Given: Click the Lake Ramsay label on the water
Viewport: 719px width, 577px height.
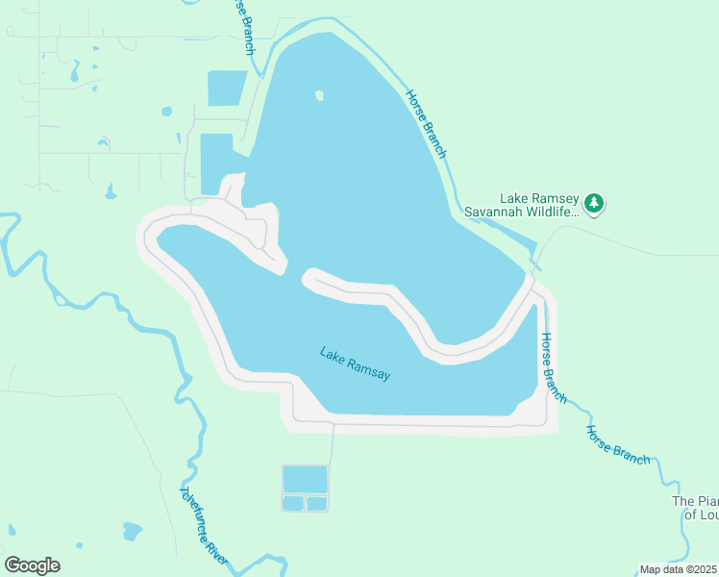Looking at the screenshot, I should [x=355, y=363].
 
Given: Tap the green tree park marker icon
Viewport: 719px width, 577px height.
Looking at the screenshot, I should [x=595, y=203].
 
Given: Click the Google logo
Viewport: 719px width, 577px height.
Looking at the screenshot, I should [x=32, y=565].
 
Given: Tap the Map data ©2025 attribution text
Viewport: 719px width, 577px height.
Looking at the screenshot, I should [x=678, y=569].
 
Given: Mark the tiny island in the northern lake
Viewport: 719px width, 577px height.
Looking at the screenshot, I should [x=319, y=95].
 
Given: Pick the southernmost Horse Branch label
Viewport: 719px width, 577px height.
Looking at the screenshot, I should [x=618, y=444].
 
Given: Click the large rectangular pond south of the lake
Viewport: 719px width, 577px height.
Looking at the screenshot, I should [x=305, y=478].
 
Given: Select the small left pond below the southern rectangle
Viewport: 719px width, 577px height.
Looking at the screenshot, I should [x=292, y=503].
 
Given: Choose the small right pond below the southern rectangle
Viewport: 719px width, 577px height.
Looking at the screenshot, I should [x=317, y=503].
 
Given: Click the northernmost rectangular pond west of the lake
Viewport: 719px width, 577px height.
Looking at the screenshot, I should [x=228, y=88].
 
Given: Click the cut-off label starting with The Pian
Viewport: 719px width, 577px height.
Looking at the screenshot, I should [x=695, y=501].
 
